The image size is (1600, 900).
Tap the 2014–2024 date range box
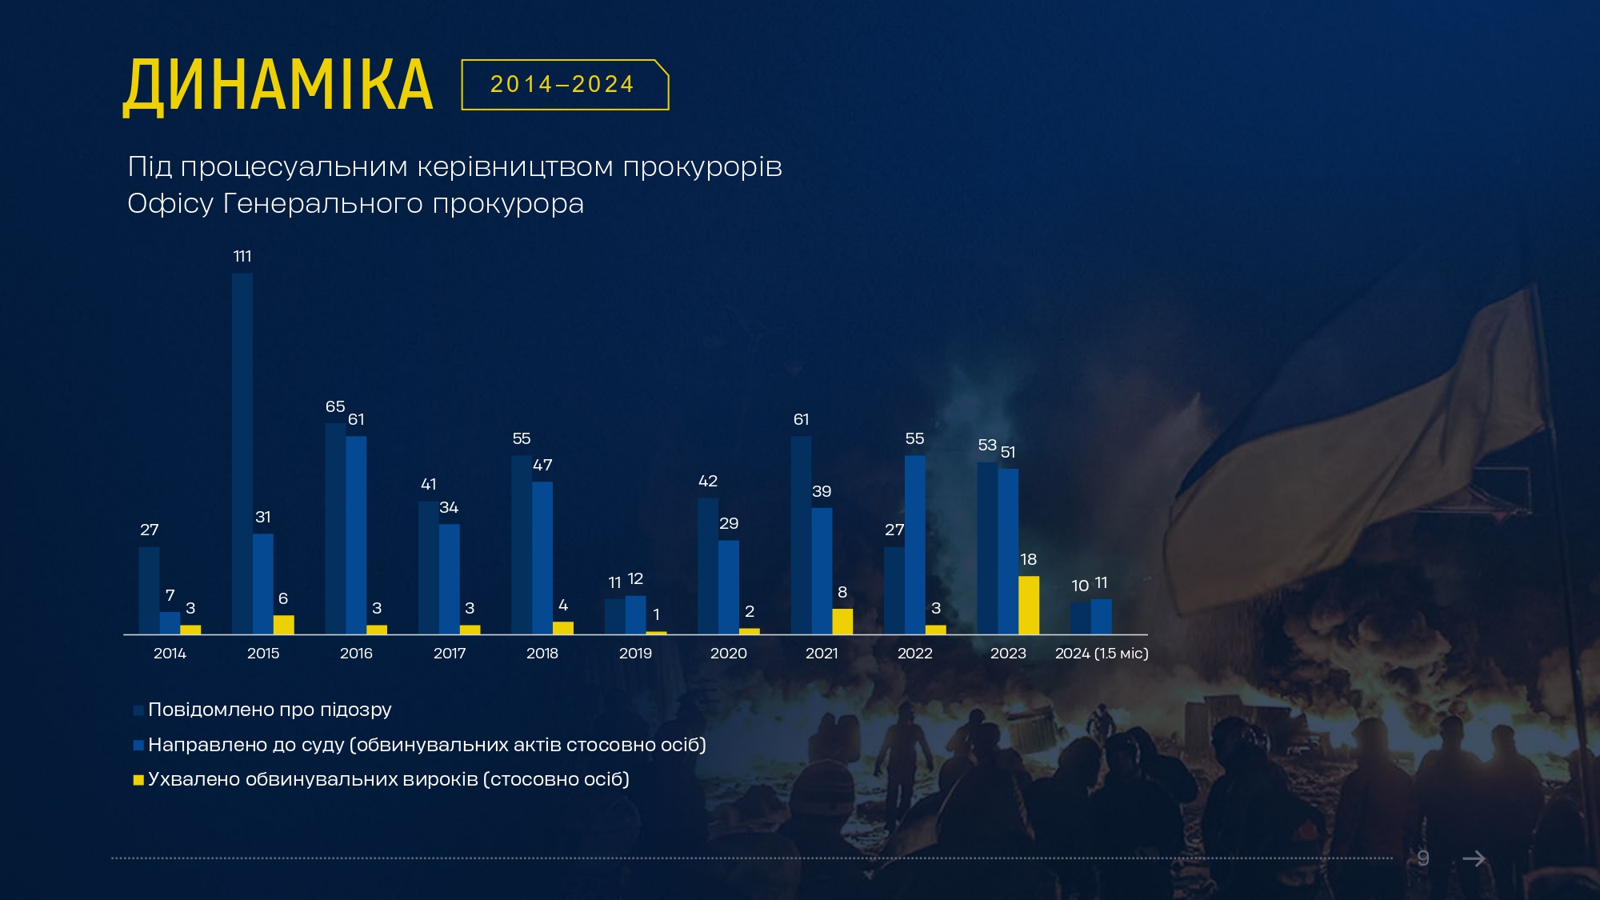pos(564,85)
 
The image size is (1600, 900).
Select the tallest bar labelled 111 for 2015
pos(242,453)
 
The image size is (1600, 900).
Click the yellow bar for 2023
pos(1029,605)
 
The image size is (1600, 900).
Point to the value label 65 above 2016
pos(335,406)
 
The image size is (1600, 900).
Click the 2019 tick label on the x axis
pos(635,654)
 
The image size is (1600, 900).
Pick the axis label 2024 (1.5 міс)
pos(1102,654)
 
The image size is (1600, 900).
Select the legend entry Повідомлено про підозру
pos(270,710)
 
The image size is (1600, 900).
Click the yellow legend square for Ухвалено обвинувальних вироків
pos(138,780)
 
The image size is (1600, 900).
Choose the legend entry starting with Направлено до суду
pos(426,745)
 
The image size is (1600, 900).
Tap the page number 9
pos(1423,858)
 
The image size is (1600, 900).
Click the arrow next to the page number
pos(1474,858)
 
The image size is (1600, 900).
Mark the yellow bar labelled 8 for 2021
pos(842,622)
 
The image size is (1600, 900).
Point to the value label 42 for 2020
pos(708,481)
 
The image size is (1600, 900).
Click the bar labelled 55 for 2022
pos(915,545)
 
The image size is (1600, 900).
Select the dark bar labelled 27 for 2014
pos(149,590)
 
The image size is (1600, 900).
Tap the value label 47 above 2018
pos(542,465)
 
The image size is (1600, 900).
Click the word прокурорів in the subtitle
pos(702,167)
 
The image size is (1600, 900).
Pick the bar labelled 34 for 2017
pos(450,579)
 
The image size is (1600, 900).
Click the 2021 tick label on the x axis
pos(822,654)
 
